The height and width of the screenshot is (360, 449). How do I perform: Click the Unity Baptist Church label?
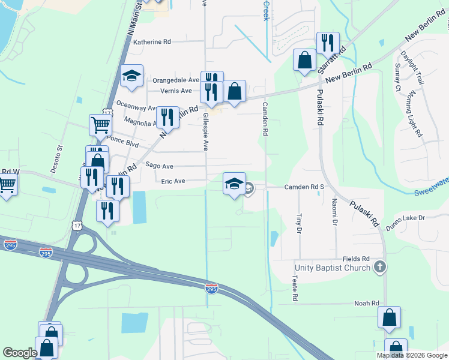pos(332,267)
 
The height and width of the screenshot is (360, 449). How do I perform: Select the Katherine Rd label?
pos(152,42)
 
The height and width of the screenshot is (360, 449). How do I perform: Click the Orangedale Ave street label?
pos(175,80)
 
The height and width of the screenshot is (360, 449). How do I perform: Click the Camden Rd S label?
pos(304,187)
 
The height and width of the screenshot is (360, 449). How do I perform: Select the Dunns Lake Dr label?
pos(405,218)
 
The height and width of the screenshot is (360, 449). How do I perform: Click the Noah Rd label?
pos(367,304)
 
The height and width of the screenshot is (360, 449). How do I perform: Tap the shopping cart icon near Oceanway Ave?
pos(100,125)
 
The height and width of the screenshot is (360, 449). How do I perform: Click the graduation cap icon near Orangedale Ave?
pos(131,76)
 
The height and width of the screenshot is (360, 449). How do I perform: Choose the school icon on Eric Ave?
pos(234,184)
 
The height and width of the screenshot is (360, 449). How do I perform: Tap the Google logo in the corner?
pos(20,353)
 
